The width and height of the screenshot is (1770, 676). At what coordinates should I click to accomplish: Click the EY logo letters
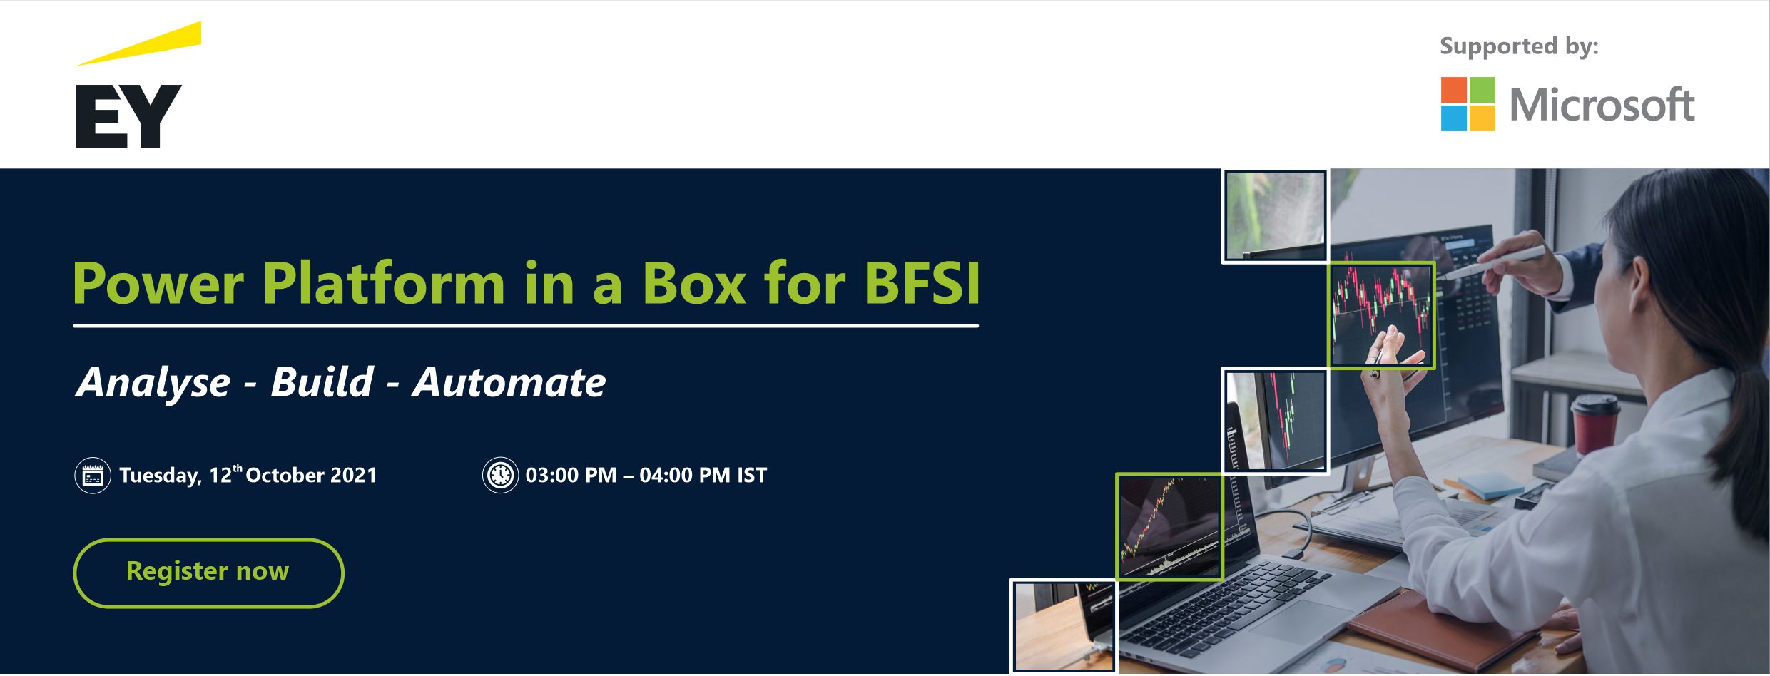[128, 116]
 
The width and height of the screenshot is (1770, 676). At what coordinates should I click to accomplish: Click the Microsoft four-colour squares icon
[1468, 104]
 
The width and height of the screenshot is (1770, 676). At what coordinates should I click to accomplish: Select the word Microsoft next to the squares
[1602, 105]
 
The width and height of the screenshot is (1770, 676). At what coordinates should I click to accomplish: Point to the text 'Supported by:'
[1519, 46]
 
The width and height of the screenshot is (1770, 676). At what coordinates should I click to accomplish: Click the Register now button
[208, 573]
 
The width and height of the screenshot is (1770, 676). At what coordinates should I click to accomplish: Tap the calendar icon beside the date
[93, 476]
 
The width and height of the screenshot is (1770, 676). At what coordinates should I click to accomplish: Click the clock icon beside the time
[500, 476]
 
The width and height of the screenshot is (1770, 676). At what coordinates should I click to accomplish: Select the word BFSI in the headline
[922, 284]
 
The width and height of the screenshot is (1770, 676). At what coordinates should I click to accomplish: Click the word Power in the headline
[158, 284]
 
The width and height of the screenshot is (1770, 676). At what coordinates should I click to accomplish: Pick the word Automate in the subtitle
[509, 382]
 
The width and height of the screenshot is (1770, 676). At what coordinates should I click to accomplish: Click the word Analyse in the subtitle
[153, 384]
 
